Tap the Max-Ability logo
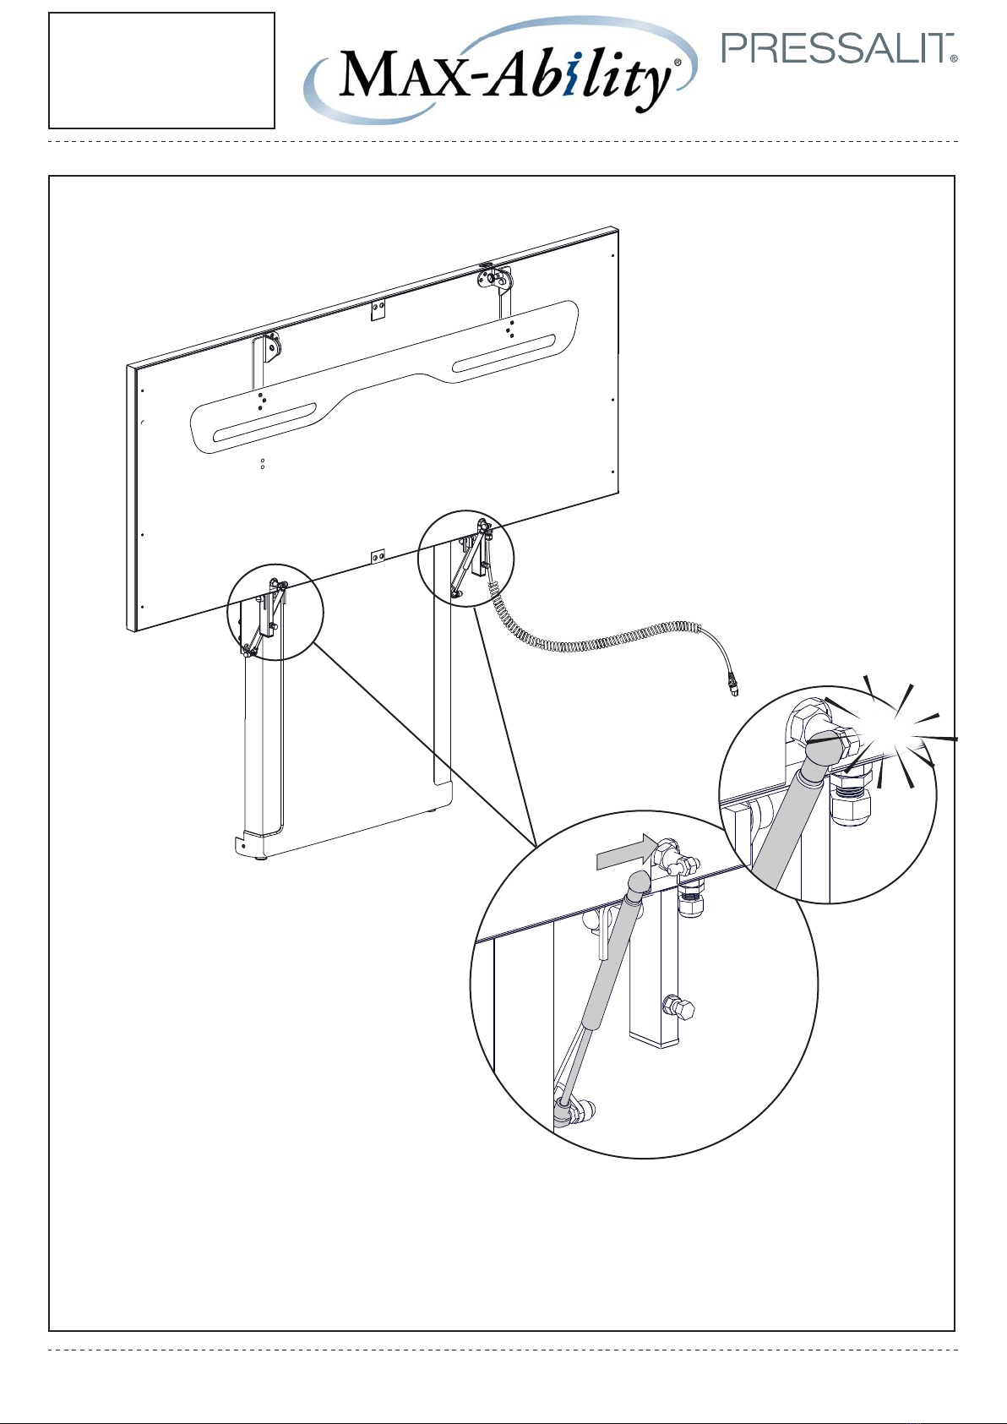pos(500,70)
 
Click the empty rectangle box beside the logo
pos(162,70)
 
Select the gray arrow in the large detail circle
pos(627,852)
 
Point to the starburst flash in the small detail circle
pos(902,738)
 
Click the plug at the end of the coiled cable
pos(733,686)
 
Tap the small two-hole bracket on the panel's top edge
pos(378,310)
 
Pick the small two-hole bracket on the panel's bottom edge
pos(378,556)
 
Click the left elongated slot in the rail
pos(265,423)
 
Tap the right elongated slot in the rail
pos(503,353)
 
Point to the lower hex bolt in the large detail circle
pos(678,1007)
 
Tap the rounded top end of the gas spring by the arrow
pos(639,881)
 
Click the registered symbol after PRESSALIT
pos(954,58)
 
